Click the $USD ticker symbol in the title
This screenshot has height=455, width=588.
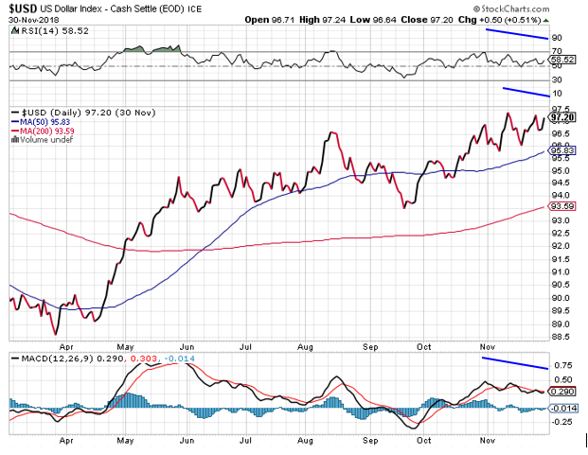pyautogui.click(x=22, y=9)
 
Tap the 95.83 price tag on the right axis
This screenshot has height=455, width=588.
pyautogui.click(x=562, y=150)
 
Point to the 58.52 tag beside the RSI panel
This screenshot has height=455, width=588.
pyautogui.click(x=562, y=59)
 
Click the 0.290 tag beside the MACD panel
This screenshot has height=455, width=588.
pyautogui.click(x=562, y=391)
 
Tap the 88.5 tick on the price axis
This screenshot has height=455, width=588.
pyautogui.click(x=561, y=336)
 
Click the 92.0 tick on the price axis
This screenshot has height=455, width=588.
pyautogui.click(x=561, y=246)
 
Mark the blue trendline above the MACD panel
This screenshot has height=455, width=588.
pyautogui.click(x=514, y=363)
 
